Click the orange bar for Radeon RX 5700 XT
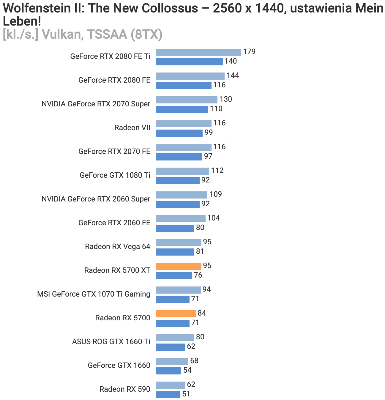click(178, 266)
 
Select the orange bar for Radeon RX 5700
click(176, 314)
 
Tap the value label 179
click(249, 52)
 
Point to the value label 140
click(231, 61)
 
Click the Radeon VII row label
click(132, 128)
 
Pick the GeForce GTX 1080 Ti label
click(115, 175)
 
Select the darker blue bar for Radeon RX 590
click(168, 394)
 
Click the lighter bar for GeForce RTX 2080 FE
click(190, 76)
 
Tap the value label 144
click(233, 75)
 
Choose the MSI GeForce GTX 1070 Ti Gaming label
click(94, 294)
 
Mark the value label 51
click(186, 394)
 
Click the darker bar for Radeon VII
click(179, 133)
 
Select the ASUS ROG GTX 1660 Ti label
click(111, 342)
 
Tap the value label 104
click(213, 218)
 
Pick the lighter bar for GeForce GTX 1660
click(172, 361)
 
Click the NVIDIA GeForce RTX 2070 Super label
click(96, 104)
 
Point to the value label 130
click(225, 99)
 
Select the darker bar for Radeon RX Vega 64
click(175, 252)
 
